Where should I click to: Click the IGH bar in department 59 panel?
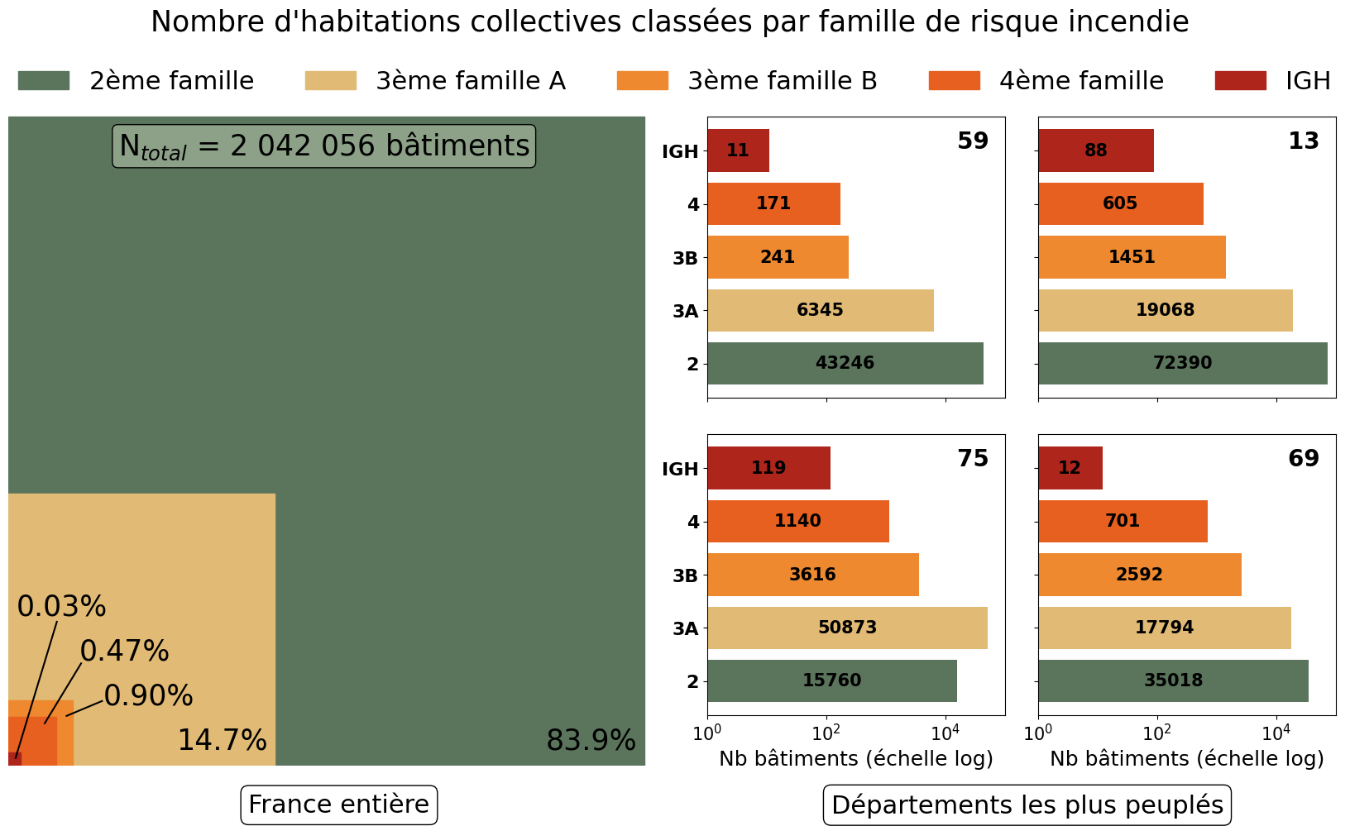tap(738, 150)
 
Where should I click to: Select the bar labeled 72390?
tap(1182, 363)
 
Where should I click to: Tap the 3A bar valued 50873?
tap(847, 628)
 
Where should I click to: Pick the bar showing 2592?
tap(1139, 575)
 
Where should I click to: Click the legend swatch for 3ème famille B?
tap(642, 81)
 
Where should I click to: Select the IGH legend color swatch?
tap(1240, 81)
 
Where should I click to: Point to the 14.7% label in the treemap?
tap(222, 740)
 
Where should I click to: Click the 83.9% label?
tap(591, 740)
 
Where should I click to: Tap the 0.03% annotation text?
tap(61, 607)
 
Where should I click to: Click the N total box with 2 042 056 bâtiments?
tap(324, 146)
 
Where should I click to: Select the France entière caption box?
tap(338, 805)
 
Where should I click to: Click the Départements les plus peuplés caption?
tap(1027, 805)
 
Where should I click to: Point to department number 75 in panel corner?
tap(973, 458)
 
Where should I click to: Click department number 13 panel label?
tap(1303, 141)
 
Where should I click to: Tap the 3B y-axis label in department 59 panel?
tap(685, 258)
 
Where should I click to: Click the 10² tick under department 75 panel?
tap(826, 733)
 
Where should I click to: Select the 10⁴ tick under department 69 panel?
tap(1276, 733)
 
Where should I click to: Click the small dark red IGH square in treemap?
tap(14, 759)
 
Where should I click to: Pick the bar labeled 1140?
tap(797, 521)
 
